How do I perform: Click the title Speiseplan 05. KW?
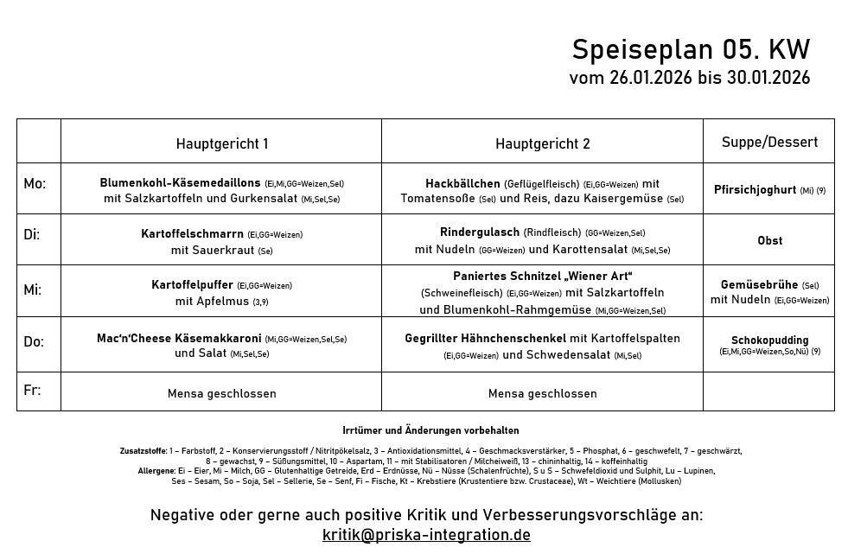[691, 48]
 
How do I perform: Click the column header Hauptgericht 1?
[222, 143]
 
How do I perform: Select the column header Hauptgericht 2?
[542, 143]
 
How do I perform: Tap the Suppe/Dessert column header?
[769, 142]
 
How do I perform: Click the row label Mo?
[35, 184]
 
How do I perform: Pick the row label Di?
[32, 235]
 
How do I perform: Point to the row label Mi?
[33, 290]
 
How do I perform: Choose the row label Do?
[34, 341]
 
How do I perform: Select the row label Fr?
[32, 390]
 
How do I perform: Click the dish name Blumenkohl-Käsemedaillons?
[180, 183]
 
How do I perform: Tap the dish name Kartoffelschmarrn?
[192, 233]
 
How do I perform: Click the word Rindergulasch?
[480, 232]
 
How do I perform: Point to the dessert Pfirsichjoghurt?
[755, 189]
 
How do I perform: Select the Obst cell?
[769, 240]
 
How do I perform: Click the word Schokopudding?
[769, 340]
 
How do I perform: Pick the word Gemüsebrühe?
[760, 284]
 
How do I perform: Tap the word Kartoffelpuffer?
[192, 284]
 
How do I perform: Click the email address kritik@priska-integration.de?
[426, 535]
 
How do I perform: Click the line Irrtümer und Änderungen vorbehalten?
[430, 430]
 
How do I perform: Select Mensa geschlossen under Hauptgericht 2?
[542, 393]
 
